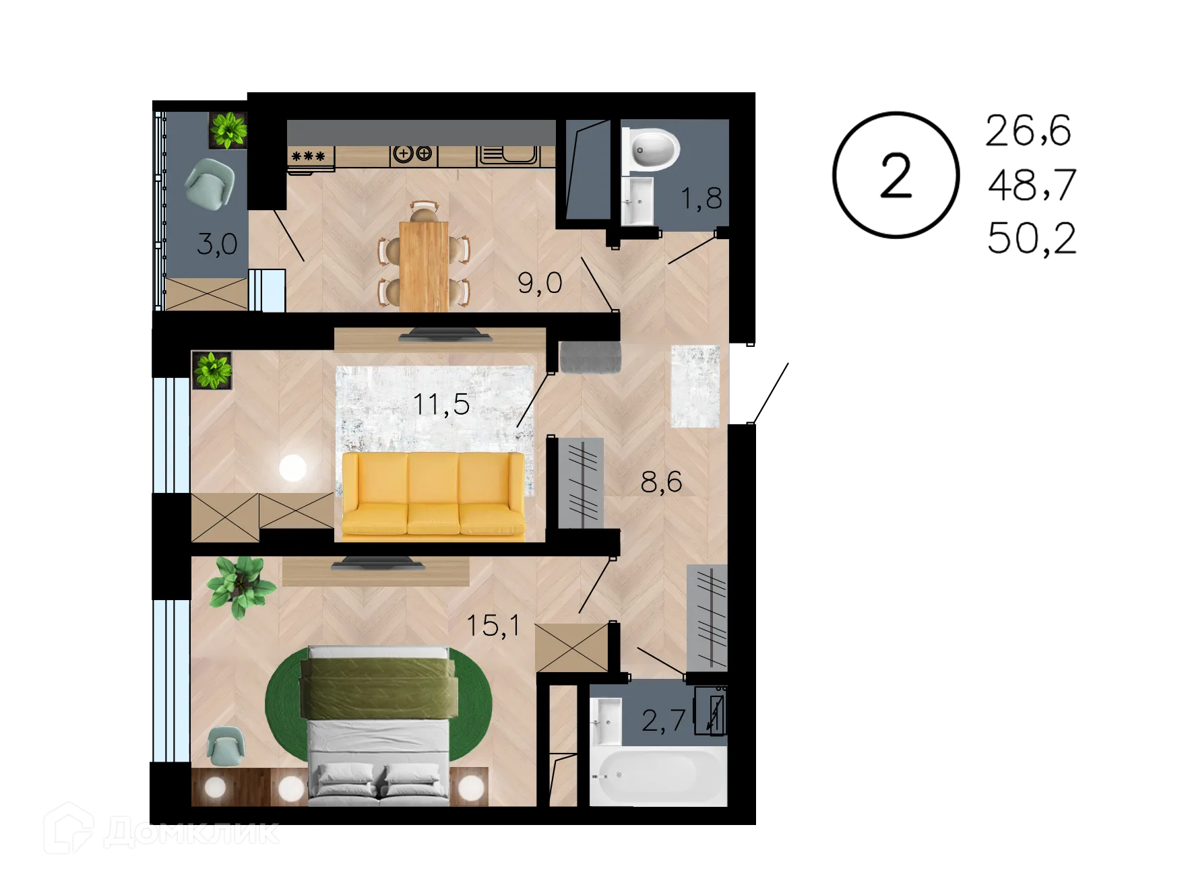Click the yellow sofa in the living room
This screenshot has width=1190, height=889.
tap(433, 496)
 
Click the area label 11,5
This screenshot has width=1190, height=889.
tap(441, 405)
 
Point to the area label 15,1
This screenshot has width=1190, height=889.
tap(493, 625)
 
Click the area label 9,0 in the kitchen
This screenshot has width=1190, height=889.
tap(540, 283)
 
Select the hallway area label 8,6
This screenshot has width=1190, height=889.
tap(660, 482)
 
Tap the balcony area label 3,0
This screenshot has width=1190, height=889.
tap(217, 243)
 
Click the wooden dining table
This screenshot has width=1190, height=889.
tap(424, 265)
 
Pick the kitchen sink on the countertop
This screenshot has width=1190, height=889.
tap(509, 156)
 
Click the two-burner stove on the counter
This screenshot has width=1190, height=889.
tap(412, 154)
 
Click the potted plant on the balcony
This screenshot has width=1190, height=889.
tap(228, 129)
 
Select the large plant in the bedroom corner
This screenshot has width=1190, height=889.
tap(239, 585)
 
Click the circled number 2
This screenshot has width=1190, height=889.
tap(895, 175)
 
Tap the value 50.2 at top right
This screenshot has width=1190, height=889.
tap(1031, 238)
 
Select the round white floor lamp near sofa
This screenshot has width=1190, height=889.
tap(292, 467)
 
